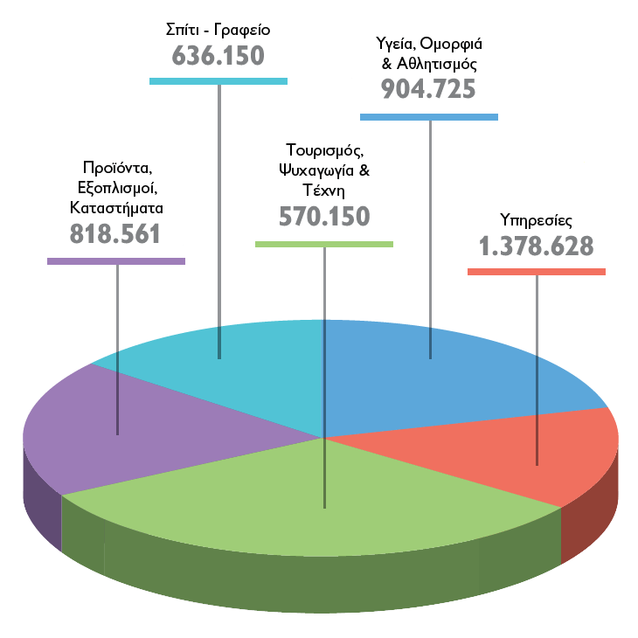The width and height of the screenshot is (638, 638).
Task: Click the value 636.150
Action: coord(218,56)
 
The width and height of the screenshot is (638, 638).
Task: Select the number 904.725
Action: coord(428,89)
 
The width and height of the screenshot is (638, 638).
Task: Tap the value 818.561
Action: coord(114,233)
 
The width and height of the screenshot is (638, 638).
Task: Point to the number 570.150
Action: coord(324,216)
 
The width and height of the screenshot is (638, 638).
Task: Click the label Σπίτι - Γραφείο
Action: coord(218,30)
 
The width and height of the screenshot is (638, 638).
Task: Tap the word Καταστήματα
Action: coord(116,209)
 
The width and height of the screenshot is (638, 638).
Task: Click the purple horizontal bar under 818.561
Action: coord(116,260)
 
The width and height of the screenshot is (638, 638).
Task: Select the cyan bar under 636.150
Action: coord(218,81)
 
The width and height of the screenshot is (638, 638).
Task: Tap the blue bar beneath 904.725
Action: coord(429,116)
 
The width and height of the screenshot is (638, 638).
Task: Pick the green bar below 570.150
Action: coord(324,243)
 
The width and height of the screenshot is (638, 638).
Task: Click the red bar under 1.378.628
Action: coord(537,272)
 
